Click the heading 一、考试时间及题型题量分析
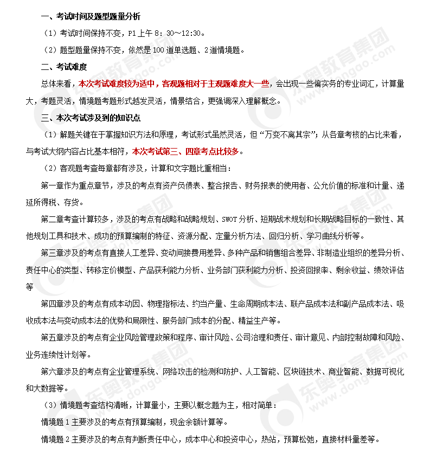click(86, 16)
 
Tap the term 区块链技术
click(301, 371)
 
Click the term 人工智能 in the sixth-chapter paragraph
click(259, 371)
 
